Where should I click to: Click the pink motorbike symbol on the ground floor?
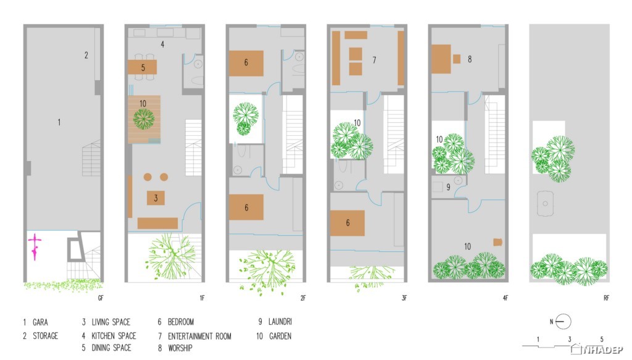tap(35, 247)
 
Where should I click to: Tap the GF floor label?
tap(101, 298)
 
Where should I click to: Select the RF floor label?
tap(606, 298)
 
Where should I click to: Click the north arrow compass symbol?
tap(563, 322)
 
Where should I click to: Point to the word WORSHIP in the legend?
tap(180, 348)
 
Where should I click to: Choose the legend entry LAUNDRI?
tap(280, 322)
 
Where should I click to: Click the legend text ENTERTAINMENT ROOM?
tap(199, 336)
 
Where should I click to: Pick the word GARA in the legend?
tap(40, 322)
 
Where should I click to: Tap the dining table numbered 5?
tap(143, 67)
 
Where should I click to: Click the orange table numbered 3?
tap(156, 198)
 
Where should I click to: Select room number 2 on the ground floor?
tap(86, 55)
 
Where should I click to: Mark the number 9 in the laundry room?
tap(448, 187)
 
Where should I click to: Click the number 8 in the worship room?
tap(470, 59)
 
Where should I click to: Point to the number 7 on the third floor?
tap(375, 60)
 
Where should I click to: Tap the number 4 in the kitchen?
tap(162, 44)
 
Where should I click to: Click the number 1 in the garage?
tap(59, 122)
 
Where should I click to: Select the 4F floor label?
tap(505, 298)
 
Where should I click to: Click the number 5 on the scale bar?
tap(602, 340)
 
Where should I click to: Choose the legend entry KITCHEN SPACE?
tap(114, 336)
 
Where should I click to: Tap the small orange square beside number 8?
tap(457, 59)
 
